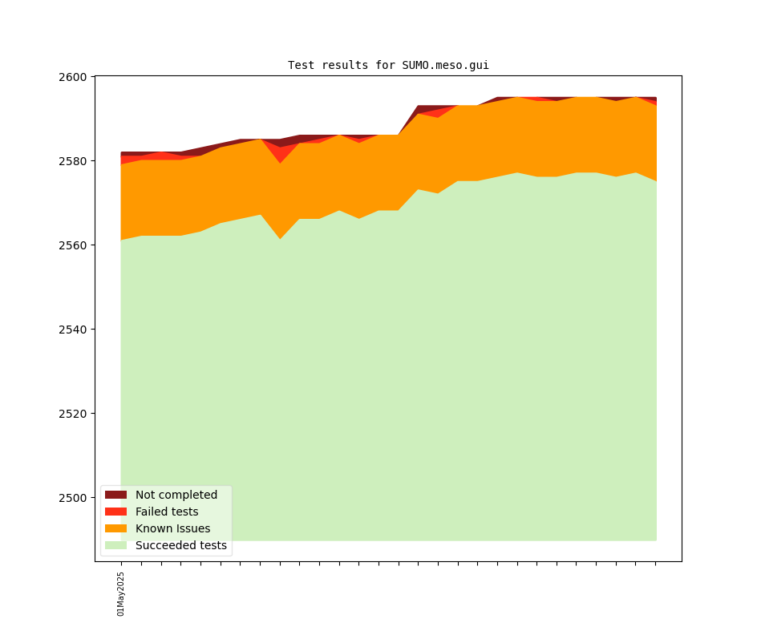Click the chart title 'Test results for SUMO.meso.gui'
coord(388,65)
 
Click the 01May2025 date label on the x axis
coord(121,593)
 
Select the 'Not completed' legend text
coord(176,495)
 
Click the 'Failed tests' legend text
coord(167,512)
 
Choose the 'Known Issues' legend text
coord(172,528)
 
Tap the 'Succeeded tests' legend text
coord(181,545)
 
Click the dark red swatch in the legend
coord(115,495)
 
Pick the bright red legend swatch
coord(115,512)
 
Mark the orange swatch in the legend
coord(115,528)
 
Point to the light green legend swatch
coord(115,545)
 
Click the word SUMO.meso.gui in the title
coord(445,65)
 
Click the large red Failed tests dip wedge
coord(280,153)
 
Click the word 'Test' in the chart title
coord(301,65)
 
